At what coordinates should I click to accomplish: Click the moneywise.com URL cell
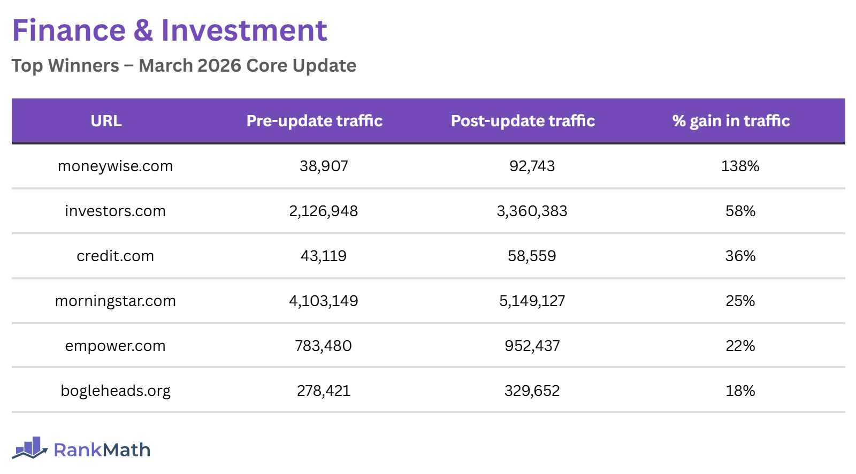[x=115, y=166]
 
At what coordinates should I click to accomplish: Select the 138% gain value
[x=740, y=166]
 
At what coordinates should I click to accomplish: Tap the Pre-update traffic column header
[x=314, y=121]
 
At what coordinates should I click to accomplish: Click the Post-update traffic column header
[x=523, y=121]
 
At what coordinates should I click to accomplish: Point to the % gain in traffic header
[x=731, y=121]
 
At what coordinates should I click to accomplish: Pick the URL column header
[x=106, y=121]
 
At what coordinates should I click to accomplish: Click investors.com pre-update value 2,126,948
[x=323, y=211]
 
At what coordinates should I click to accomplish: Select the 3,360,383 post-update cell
[x=532, y=211]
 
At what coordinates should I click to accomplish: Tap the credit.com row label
[x=115, y=256]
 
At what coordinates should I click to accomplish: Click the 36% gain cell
[x=740, y=256]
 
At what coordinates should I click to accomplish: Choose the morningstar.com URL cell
[x=115, y=301]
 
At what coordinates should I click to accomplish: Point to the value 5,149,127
[x=532, y=301]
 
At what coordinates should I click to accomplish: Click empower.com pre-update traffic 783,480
[x=323, y=346]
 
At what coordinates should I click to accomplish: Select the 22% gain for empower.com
[x=740, y=346]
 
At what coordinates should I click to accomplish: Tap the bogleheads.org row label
[x=115, y=391]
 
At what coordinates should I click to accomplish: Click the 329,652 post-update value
[x=532, y=391]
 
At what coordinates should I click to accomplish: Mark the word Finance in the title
[x=68, y=30]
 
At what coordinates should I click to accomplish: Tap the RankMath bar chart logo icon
[x=30, y=448]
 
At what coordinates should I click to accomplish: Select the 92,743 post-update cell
[x=532, y=166]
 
